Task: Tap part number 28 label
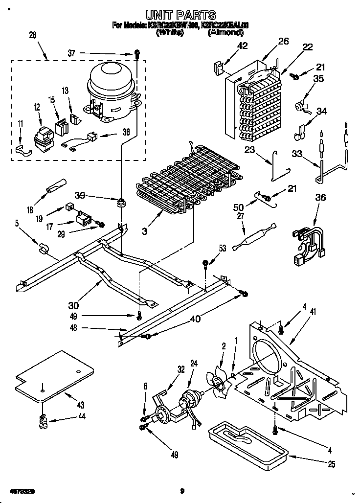click(32, 35)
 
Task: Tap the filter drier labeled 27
click(255, 234)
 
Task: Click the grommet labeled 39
click(120, 202)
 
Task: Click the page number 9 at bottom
click(181, 490)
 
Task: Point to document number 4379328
click(22, 490)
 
